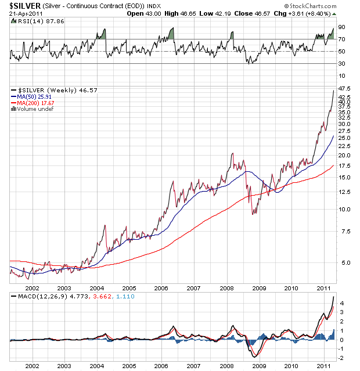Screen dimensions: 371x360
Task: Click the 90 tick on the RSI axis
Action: coord(341,27)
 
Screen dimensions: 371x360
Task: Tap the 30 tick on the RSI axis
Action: coord(341,63)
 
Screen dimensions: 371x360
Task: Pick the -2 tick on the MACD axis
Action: coord(342,358)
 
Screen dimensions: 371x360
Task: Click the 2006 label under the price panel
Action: coord(161,287)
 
